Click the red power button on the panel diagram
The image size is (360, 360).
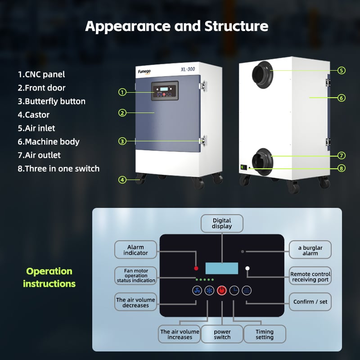point(221,291)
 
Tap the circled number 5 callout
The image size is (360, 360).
point(342,71)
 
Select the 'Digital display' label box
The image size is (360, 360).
point(222,223)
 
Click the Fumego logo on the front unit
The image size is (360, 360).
point(144,72)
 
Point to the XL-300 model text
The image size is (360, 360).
point(188,69)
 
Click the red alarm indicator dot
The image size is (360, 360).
point(196,268)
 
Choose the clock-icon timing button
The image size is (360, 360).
point(234,291)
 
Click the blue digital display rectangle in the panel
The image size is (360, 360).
point(221,268)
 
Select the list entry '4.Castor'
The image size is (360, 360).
point(33,115)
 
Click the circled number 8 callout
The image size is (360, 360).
point(342,168)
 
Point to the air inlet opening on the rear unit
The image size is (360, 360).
point(262,75)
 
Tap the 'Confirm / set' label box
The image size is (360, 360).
point(310,301)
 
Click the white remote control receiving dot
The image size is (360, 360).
point(247,268)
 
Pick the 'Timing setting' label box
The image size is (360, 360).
point(265,334)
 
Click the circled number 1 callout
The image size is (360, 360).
point(122,92)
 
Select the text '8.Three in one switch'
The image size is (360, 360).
point(58,169)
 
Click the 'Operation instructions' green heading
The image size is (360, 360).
point(49,278)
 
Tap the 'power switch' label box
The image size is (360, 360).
point(222,334)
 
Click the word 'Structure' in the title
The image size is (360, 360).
point(236,26)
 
